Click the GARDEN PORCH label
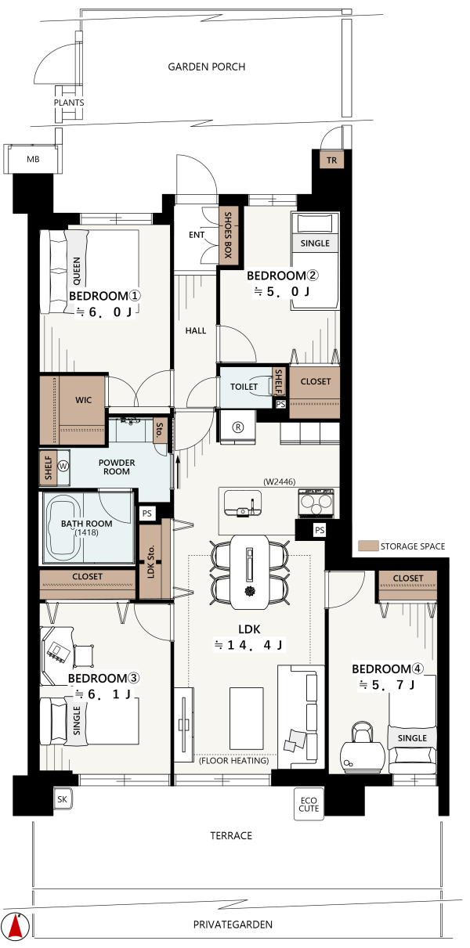tap(207, 67)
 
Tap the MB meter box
tap(33, 159)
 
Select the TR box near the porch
tap(331, 160)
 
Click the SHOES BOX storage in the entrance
tap(228, 236)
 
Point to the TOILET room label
tap(244, 387)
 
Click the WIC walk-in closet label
tap(83, 400)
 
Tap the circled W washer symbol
tap(63, 467)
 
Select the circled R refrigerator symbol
tap(238, 427)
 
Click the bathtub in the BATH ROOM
tap(63, 528)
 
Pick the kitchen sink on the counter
tap(243, 503)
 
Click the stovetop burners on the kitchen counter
tap(316, 503)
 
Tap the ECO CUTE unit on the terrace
tap(309, 805)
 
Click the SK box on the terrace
tap(62, 799)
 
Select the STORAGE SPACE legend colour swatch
tap(368, 546)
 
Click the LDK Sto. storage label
tap(150, 561)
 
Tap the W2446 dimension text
tap(280, 481)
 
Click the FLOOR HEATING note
tap(234, 761)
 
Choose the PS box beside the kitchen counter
tap(320, 530)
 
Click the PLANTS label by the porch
tap(69, 103)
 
